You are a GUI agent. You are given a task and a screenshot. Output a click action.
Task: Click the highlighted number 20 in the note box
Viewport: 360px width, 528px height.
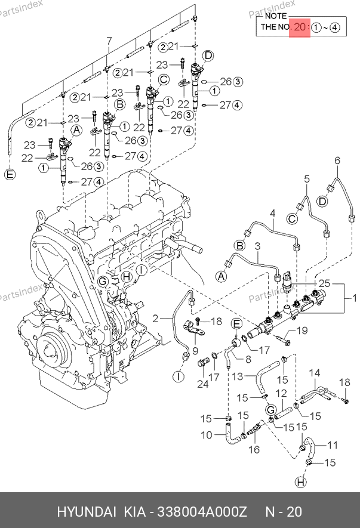(x=300, y=27)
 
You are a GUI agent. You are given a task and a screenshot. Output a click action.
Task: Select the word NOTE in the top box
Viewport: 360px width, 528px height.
(x=275, y=16)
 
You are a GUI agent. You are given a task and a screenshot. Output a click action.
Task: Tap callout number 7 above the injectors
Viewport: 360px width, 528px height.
(x=109, y=41)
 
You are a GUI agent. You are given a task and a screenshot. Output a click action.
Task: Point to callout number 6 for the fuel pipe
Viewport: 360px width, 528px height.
(x=337, y=160)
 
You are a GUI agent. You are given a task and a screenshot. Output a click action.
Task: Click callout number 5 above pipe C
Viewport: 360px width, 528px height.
(x=307, y=178)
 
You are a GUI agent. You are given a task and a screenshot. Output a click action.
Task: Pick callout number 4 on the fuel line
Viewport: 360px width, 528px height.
(x=272, y=213)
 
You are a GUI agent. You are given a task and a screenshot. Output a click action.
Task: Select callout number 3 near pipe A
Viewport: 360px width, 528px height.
(x=257, y=246)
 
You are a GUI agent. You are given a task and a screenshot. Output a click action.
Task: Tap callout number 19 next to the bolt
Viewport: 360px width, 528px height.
(x=302, y=331)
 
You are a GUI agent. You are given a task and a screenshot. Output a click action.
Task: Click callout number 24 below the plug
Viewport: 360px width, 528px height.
(x=202, y=384)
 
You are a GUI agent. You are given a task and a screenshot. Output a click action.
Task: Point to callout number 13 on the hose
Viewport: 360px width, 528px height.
(x=236, y=376)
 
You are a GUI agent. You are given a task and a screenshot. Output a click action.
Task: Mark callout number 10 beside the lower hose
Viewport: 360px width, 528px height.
(x=205, y=436)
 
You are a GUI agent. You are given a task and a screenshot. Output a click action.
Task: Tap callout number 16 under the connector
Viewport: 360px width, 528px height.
(x=254, y=449)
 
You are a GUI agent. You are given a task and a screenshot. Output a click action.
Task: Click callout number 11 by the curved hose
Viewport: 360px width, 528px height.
(x=332, y=444)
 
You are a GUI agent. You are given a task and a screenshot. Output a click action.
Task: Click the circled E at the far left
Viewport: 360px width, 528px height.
(x=9, y=175)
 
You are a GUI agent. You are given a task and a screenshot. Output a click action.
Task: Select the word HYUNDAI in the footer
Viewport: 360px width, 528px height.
(x=87, y=512)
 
